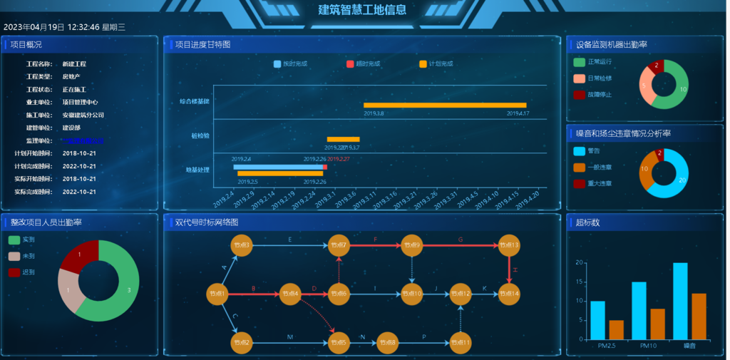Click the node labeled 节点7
(x=339, y=246)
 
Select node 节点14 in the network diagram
(x=509, y=294)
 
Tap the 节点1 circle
(x=217, y=294)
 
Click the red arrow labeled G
(x=461, y=245)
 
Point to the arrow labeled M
(x=289, y=343)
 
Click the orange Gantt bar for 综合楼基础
(x=445, y=105)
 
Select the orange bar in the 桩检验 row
(x=343, y=139)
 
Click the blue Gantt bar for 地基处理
(x=277, y=167)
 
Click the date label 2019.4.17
(x=518, y=113)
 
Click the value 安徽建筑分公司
(x=83, y=115)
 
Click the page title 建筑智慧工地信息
(x=363, y=10)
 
